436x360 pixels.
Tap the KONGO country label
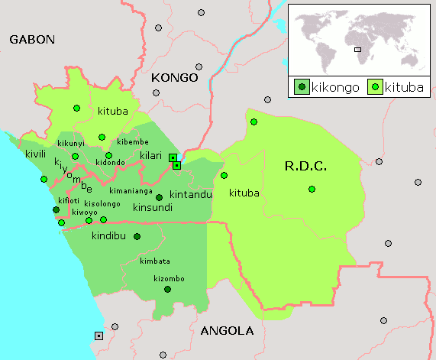click(x=175, y=77)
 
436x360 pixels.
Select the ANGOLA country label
click(x=226, y=331)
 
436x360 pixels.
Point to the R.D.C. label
click(x=305, y=166)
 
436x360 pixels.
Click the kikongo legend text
click(x=335, y=87)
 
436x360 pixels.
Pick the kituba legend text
click(x=402, y=87)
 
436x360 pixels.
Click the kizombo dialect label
click(x=169, y=278)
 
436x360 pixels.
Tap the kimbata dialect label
click(x=155, y=261)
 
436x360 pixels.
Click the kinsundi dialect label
click(x=153, y=207)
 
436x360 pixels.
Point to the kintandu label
click(x=190, y=194)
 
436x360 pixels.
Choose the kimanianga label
click(x=131, y=190)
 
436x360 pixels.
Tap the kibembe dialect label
click(x=133, y=142)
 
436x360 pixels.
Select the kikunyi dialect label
click(x=71, y=144)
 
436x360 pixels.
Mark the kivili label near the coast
click(x=36, y=154)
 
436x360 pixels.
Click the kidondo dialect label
click(x=110, y=163)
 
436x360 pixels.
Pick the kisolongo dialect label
click(x=102, y=203)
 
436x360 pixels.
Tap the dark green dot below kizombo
click(x=167, y=289)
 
